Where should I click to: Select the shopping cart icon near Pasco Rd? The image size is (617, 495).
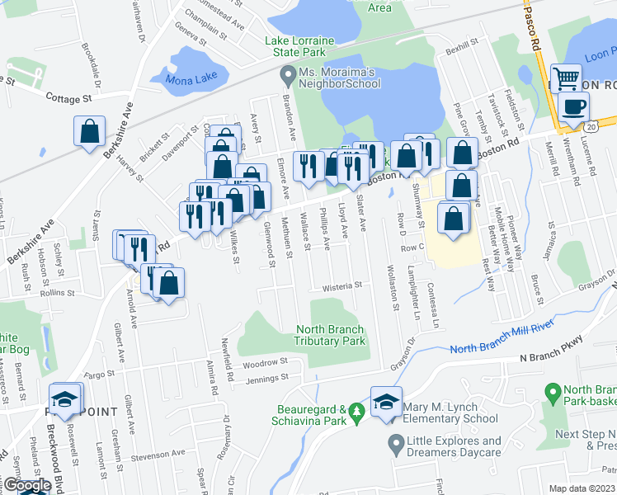(567, 80)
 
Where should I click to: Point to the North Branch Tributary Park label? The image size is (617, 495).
(330, 335)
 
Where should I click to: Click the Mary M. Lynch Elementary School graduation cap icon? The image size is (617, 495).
(386, 402)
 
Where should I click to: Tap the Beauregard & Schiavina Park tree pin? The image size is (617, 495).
(356, 410)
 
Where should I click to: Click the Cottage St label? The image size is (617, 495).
(67, 99)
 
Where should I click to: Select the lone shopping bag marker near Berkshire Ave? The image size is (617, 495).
(89, 131)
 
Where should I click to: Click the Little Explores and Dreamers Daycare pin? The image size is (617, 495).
(394, 446)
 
